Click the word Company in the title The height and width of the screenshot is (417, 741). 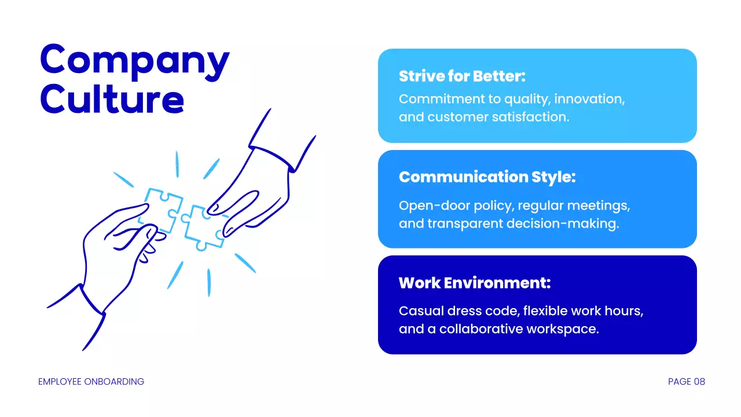pos(134,60)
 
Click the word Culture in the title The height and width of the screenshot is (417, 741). pos(112,99)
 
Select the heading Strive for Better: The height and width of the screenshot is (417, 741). pos(462,76)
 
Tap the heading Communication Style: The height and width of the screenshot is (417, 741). pos(487,177)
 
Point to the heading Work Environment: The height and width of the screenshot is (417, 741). pos(474,283)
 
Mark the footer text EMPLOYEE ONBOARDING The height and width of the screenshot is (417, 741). pos(91,382)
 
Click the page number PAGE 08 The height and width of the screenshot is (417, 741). pos(686,382)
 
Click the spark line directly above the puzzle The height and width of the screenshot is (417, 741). pos(177,164)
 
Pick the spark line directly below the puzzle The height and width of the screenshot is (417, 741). pos(208,283)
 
